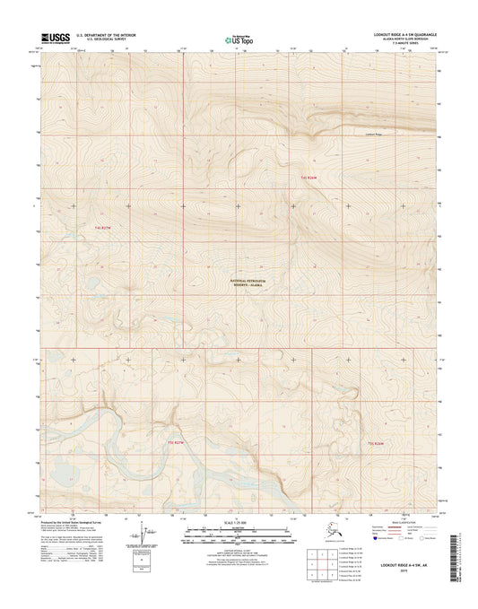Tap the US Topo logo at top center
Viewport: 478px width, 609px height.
tap(237, 39)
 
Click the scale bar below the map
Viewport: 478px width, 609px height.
tap(237, 535)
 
